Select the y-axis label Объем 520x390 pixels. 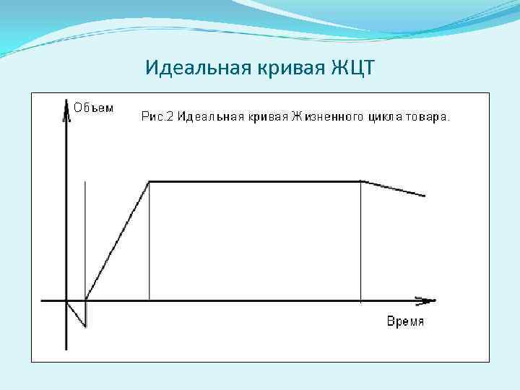94,108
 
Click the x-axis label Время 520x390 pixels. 405,321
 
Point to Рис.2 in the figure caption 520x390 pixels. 157,116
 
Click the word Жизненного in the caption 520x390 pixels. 326,116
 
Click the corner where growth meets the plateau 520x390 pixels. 149,181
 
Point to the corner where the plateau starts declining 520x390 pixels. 360,181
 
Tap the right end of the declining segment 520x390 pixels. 425,196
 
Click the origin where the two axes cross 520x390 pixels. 66,300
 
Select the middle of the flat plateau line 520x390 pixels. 254,181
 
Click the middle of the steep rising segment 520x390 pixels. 117,240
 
